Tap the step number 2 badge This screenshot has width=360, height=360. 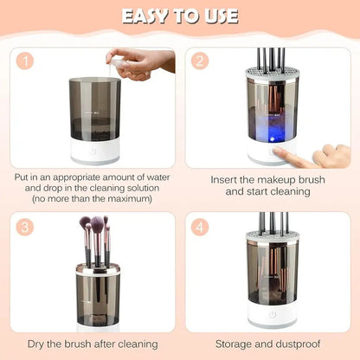pos(202,62)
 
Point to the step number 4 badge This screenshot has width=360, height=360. pos(202,228)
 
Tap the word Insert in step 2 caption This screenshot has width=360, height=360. pos(227,180)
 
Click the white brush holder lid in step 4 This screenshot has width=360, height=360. pos(273,235)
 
